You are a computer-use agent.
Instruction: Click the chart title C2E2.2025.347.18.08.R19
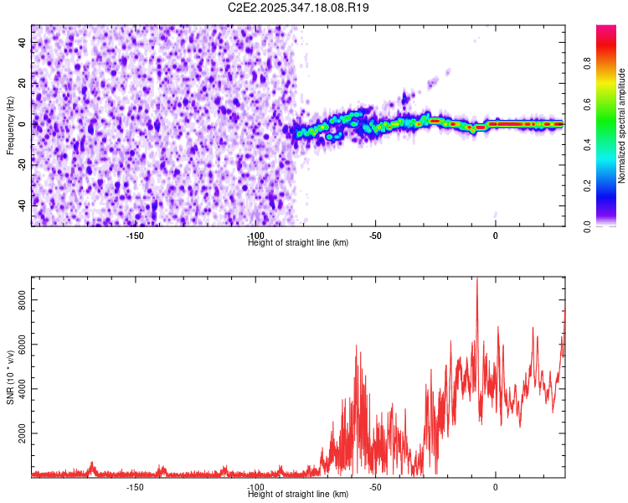[299, 8]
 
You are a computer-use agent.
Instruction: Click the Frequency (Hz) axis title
[10, 125]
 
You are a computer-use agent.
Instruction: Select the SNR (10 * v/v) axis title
[10, 376]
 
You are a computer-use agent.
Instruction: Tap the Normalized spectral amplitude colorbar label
[622, 125]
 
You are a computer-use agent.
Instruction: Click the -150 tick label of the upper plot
[135, 236]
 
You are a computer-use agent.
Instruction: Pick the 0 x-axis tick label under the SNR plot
[495, 487]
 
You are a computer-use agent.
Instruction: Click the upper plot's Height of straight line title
[298, 243]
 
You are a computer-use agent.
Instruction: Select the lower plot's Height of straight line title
[298, 495]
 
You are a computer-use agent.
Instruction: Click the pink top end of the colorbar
[605, 29]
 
